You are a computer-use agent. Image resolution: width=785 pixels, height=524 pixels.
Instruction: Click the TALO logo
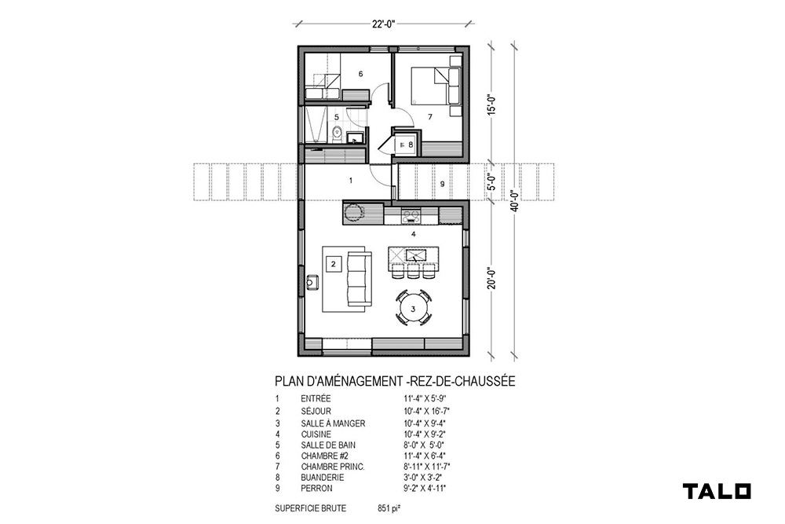coord(717,491)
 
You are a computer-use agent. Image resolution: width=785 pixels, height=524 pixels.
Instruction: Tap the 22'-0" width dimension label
coord(384,24)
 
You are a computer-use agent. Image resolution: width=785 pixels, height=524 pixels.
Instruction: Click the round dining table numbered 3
coord(413,309)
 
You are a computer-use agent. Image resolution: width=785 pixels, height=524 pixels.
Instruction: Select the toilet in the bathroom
coord(337,134)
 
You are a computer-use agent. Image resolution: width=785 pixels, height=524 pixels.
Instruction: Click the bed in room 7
coord(429,86)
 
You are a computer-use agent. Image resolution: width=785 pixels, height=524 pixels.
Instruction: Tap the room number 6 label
coord(360,74)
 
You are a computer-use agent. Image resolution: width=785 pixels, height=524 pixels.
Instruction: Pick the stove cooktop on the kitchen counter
coord(411,217)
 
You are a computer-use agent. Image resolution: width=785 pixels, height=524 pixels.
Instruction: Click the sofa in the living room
coord(360,279)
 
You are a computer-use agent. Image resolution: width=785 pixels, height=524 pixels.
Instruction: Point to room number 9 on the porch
coord(442,184)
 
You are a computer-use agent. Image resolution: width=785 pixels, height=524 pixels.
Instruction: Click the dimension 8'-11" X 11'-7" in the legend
coord(426,467)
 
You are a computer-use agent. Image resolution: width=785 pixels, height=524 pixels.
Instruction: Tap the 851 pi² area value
coord(389,508)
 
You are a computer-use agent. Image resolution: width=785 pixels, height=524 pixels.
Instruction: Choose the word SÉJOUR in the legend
coord(316,412)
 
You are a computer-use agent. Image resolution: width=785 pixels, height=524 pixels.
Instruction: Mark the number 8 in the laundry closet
coord(411,145)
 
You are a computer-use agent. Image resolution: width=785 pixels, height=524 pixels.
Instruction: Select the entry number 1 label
coord(351,181)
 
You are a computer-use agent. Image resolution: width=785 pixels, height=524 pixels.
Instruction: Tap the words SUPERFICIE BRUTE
coord(310,508)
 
